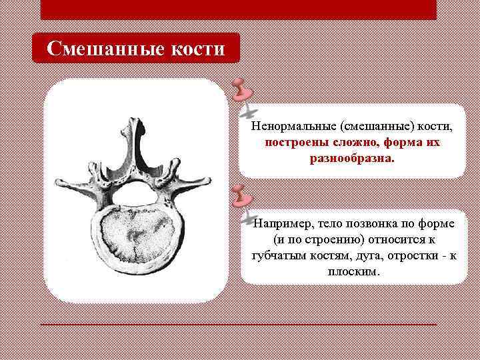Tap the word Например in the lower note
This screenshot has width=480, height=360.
pos(280,222)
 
